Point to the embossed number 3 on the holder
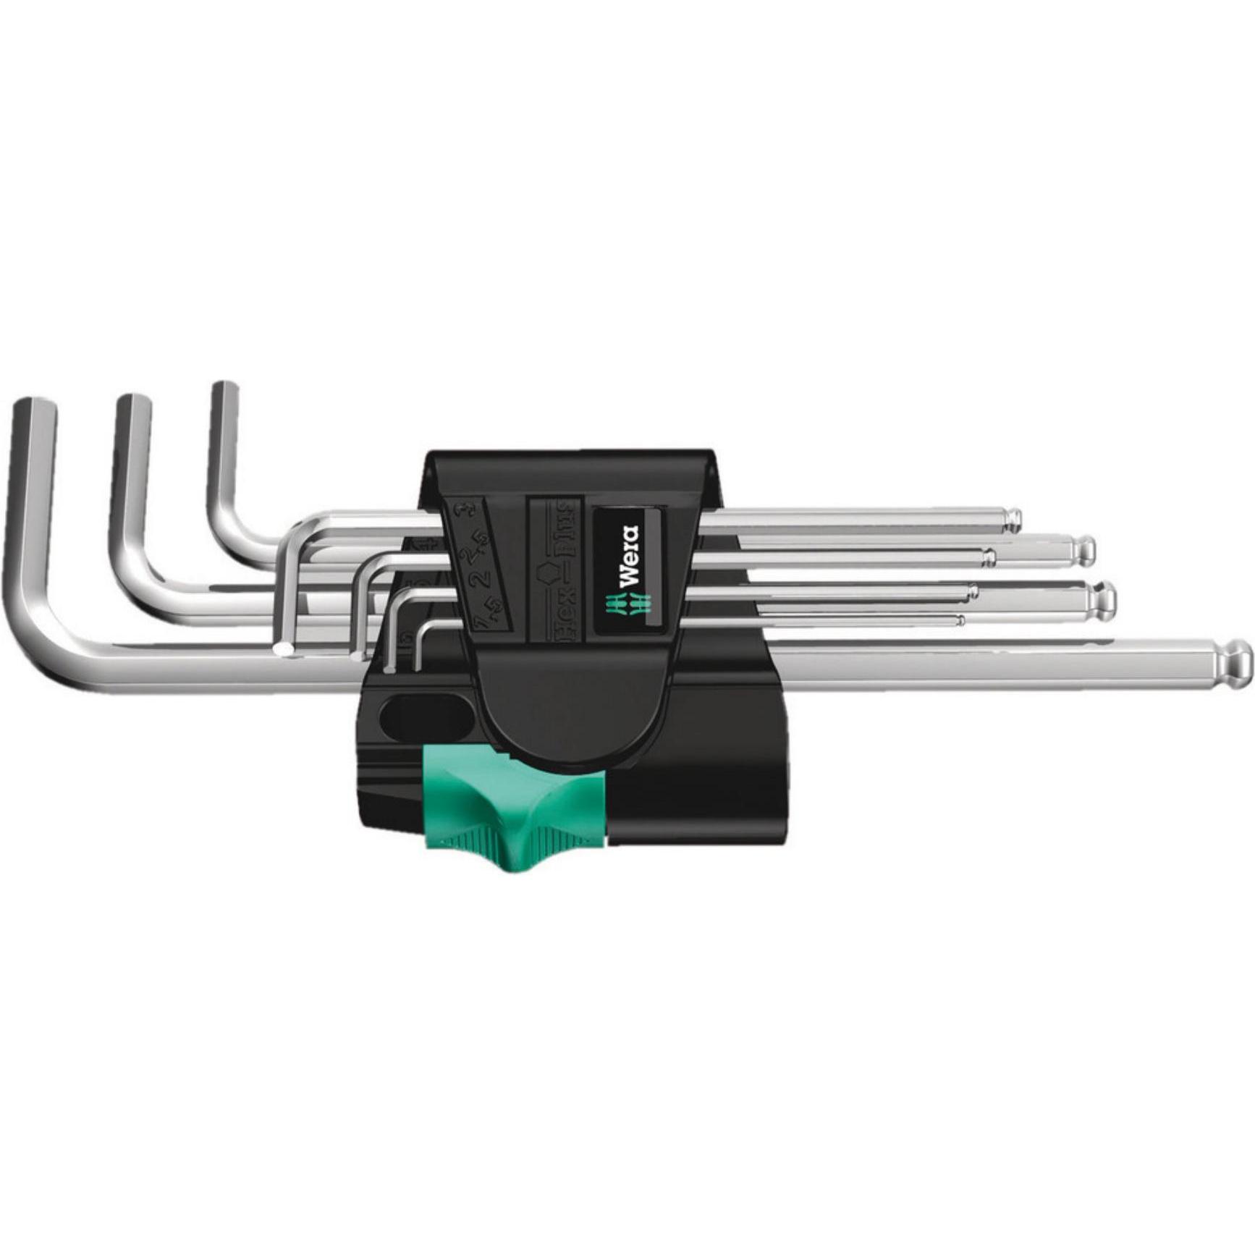[x=459, y=512]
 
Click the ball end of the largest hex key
[x=1236, y=659]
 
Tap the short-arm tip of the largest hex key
[x=34, y=409]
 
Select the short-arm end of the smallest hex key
[x=416, y=664]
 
